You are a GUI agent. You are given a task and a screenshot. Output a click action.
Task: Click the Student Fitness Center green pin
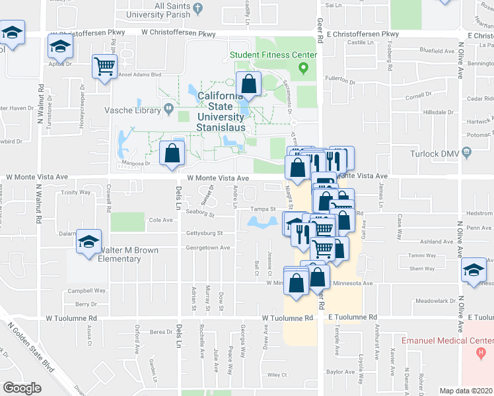tap(304, 67)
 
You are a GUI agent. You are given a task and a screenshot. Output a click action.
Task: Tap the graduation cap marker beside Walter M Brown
tap(88, 242)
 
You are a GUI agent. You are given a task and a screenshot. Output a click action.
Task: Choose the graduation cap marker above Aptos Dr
tap(59, 48)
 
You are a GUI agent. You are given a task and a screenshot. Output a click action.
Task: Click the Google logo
tap(22, 387)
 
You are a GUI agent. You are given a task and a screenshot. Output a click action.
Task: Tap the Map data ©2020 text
tap(466, 391)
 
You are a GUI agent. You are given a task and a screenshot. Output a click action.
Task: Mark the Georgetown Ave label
tap(207, 248)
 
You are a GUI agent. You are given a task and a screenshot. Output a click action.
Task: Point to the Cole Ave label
tap(160, 220)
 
